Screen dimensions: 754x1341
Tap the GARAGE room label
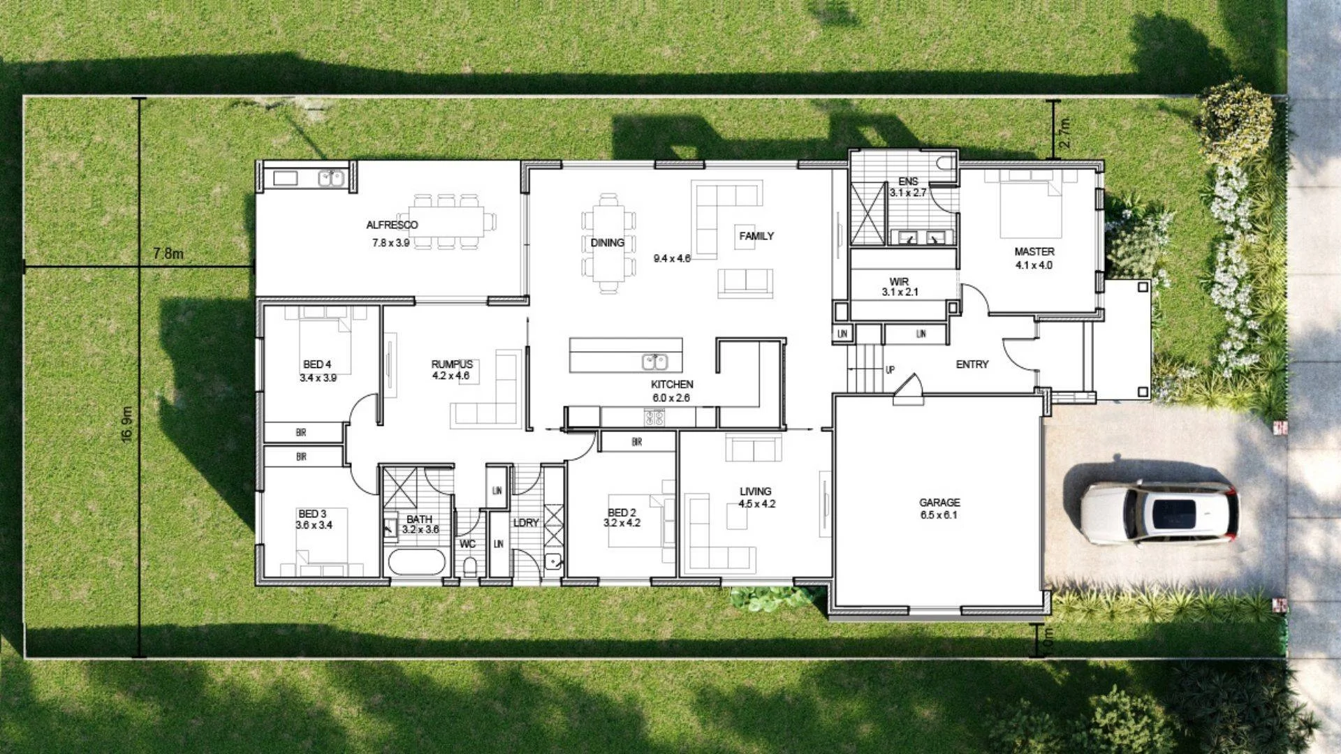pyautogui.click(x=939, y=503)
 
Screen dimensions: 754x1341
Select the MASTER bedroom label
pyautogui.click(x=1034, y=251)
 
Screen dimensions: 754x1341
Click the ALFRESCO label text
pyautogui.click(x=392, y=225)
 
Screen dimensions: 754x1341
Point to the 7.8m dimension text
pyautogui.click(x=168, y=253)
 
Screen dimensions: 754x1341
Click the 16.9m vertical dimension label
pyautogui.click(x=127, y=424)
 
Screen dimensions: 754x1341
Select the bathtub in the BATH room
pyautogui.click(x=416, y=562)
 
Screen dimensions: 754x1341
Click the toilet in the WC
pyautogui.click(x=469, y=565)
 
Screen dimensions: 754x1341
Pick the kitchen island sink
pyautogui.click(x=654, y=362)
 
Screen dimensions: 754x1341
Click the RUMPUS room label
pyautogui.click(x=452, y=364)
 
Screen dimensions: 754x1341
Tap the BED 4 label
pyautogui.click(x=317, y=364)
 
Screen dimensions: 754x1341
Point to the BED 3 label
pyautogui.click(x=312, y=514)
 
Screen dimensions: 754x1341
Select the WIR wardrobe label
pyautogui.click(x=899, y=282)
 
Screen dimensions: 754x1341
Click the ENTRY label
pyautogui.click(x=972, y=364)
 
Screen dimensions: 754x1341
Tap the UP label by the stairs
pyautogui.click(x=890, y=369)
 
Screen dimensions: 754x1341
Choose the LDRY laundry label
pyautogui.click(x=526, y=523)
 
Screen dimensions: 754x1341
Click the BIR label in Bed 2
pyautogui.click(x=636, y=442)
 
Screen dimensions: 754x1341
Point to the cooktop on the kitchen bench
pyautogui.click(x=654, y=417)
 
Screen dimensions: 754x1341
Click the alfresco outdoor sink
pyautogui.click(x=331, y=178)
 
